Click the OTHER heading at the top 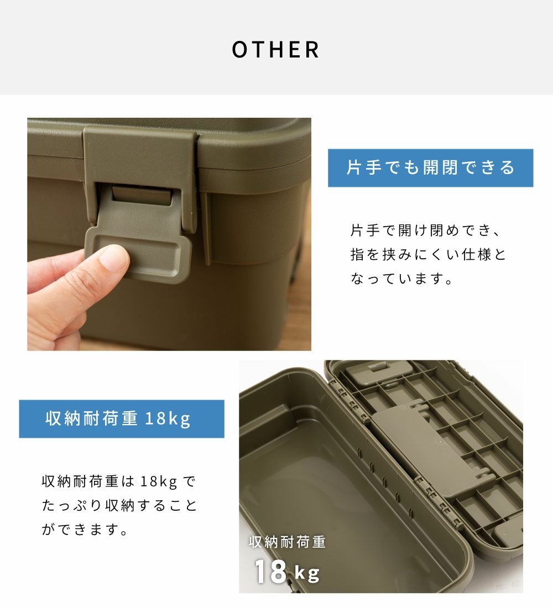(x=275, y=50)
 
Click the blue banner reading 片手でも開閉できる (x=430, y=168)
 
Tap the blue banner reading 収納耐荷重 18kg (x=122, y=419)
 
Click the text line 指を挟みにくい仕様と (x=429, y=254)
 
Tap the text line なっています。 (x=401, y=279)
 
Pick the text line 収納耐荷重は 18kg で (x=119, y=481)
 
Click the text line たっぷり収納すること (x=119, y=506)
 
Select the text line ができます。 (x=85, y=530)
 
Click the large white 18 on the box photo (x=270, y=571)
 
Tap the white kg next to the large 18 (x=307, y=573)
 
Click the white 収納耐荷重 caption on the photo (x=287, y=542)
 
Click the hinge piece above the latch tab (x=143, y=193)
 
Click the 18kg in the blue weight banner (x=168, y=419)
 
